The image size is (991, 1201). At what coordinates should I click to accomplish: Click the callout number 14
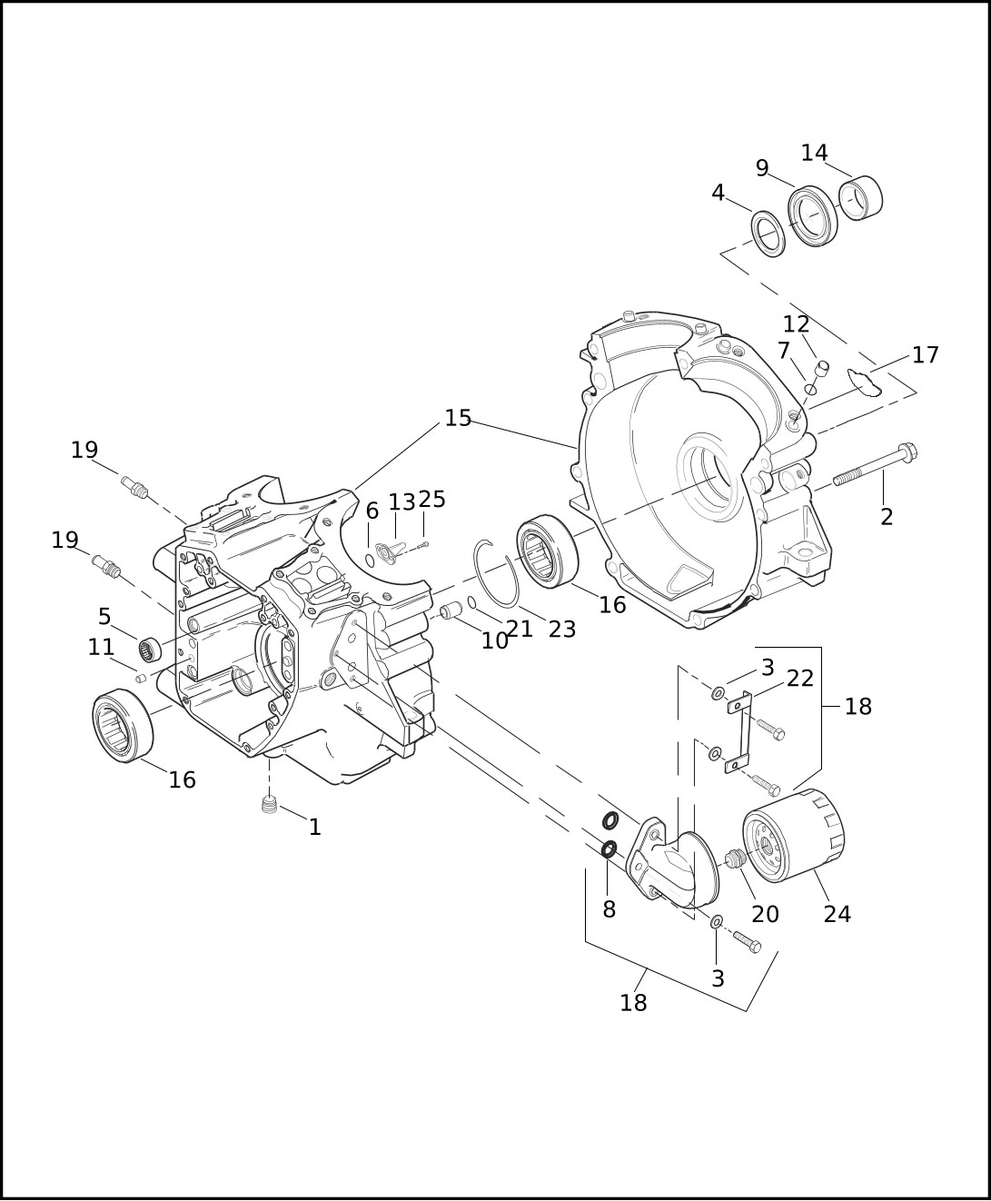[815, 153]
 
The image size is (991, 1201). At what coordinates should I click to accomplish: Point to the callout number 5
[104, 616]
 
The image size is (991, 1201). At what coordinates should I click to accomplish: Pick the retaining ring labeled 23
[496, 573]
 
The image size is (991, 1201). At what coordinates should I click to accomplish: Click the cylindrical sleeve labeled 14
[860, 197]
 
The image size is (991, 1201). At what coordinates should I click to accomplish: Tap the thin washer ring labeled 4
[769, 234]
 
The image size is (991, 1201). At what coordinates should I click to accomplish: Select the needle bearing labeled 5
[150, 650]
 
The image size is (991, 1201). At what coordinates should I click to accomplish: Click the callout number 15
[458, 418]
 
